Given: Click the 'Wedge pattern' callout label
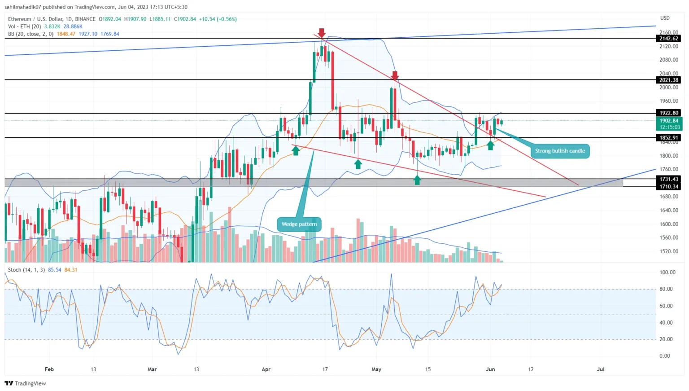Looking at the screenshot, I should point(299,224).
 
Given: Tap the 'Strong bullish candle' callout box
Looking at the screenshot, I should point(560,151).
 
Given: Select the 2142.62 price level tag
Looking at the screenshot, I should point(668,39).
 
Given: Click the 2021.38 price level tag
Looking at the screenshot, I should point(668,80).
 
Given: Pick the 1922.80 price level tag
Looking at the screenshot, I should point(668,113).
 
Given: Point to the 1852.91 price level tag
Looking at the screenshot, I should point(668,138).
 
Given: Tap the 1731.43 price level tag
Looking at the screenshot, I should point(668,179).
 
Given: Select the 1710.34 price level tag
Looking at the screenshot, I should point(668,186).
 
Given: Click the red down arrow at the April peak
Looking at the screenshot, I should point(322,33).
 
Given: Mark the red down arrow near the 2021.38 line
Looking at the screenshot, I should point(395,75).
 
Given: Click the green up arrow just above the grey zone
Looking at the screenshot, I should point(417,180).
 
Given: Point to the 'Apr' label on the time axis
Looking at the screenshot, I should point(266,369).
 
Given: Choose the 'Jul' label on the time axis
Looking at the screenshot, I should point(600,369).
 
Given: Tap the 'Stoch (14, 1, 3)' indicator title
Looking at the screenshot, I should point(26,270).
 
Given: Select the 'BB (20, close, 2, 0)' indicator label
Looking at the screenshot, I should point(31,34).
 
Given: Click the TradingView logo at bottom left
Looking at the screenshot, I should point(25,383).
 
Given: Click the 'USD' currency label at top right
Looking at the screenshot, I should point(664,18).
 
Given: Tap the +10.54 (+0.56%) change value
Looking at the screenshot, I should point(218,19).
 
